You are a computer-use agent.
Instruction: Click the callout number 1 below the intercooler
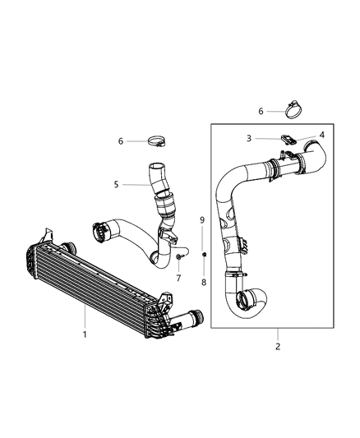click(85, 335)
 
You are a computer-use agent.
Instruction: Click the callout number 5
click(117, 184)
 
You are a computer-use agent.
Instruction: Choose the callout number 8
click(203, 282)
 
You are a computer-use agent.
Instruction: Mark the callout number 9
click(203, 220)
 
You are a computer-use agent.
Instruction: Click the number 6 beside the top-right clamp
click(261, 110)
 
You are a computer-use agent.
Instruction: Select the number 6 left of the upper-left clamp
click(121, 141)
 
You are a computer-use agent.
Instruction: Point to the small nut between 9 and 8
click(203, 252)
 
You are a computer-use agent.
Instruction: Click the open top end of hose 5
click(154, 169)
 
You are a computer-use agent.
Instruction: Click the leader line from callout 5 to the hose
click(135, 184)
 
